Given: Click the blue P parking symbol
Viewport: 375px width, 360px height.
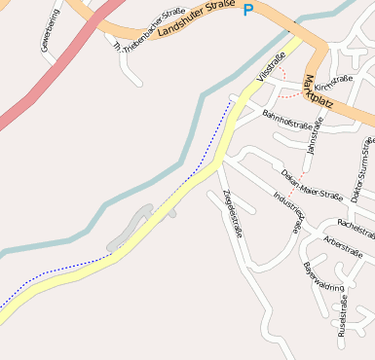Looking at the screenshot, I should pos(247,11).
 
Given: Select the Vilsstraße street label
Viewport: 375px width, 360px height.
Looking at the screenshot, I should pos(272,66).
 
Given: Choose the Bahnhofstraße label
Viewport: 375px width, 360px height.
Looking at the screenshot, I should pos(288,120).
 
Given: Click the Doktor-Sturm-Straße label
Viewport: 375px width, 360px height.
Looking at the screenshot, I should pos(361,169).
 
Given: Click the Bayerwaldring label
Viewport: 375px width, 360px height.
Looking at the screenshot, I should pos(322,278).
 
